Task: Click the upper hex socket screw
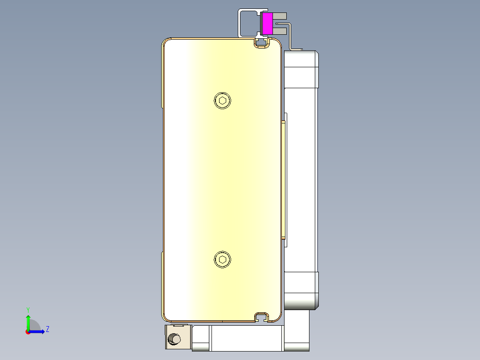click(x=223, y=100)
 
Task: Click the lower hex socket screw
click(x=223, y=260)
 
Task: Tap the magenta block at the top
click(x=267, y=24)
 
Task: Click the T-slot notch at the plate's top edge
click(x=262, y=43)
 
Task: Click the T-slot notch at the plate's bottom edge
click(x=262, y=317)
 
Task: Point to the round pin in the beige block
click(x=173, y=340)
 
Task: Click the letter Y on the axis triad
click(x=28, y=309)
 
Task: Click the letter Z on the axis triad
click(x=48, y=329)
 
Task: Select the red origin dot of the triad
click(x=28, y=332)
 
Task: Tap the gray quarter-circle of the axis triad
click(x=35, y=325)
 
